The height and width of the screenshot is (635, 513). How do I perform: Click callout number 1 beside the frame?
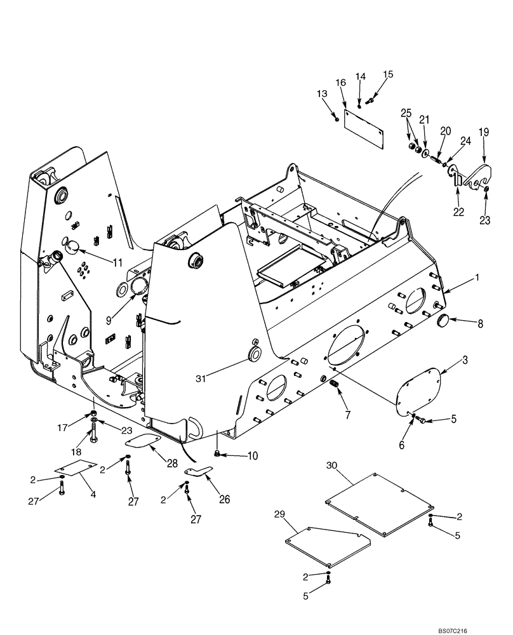pos(477,279)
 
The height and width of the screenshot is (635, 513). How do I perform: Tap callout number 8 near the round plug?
pos(480,324)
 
